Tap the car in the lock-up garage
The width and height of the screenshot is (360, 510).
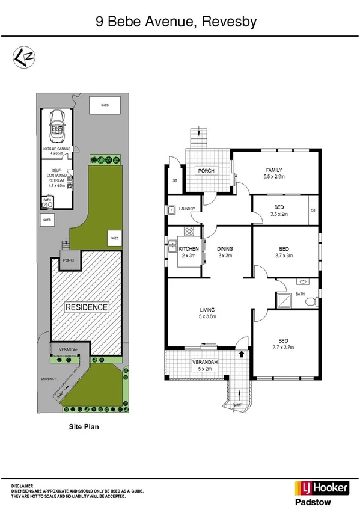[58, 126]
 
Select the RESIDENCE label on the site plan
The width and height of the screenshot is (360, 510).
[87, 307]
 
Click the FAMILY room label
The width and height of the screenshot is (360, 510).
[273, 170]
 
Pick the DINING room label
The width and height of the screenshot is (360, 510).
[225, 248]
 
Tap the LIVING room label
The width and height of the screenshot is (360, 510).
[207, 310]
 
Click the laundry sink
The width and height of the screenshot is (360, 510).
[172, 210]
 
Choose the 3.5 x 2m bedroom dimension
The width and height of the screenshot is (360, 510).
[279, 214]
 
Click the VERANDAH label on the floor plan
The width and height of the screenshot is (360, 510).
[203, 362]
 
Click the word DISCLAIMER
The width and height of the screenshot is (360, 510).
[23, 485]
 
